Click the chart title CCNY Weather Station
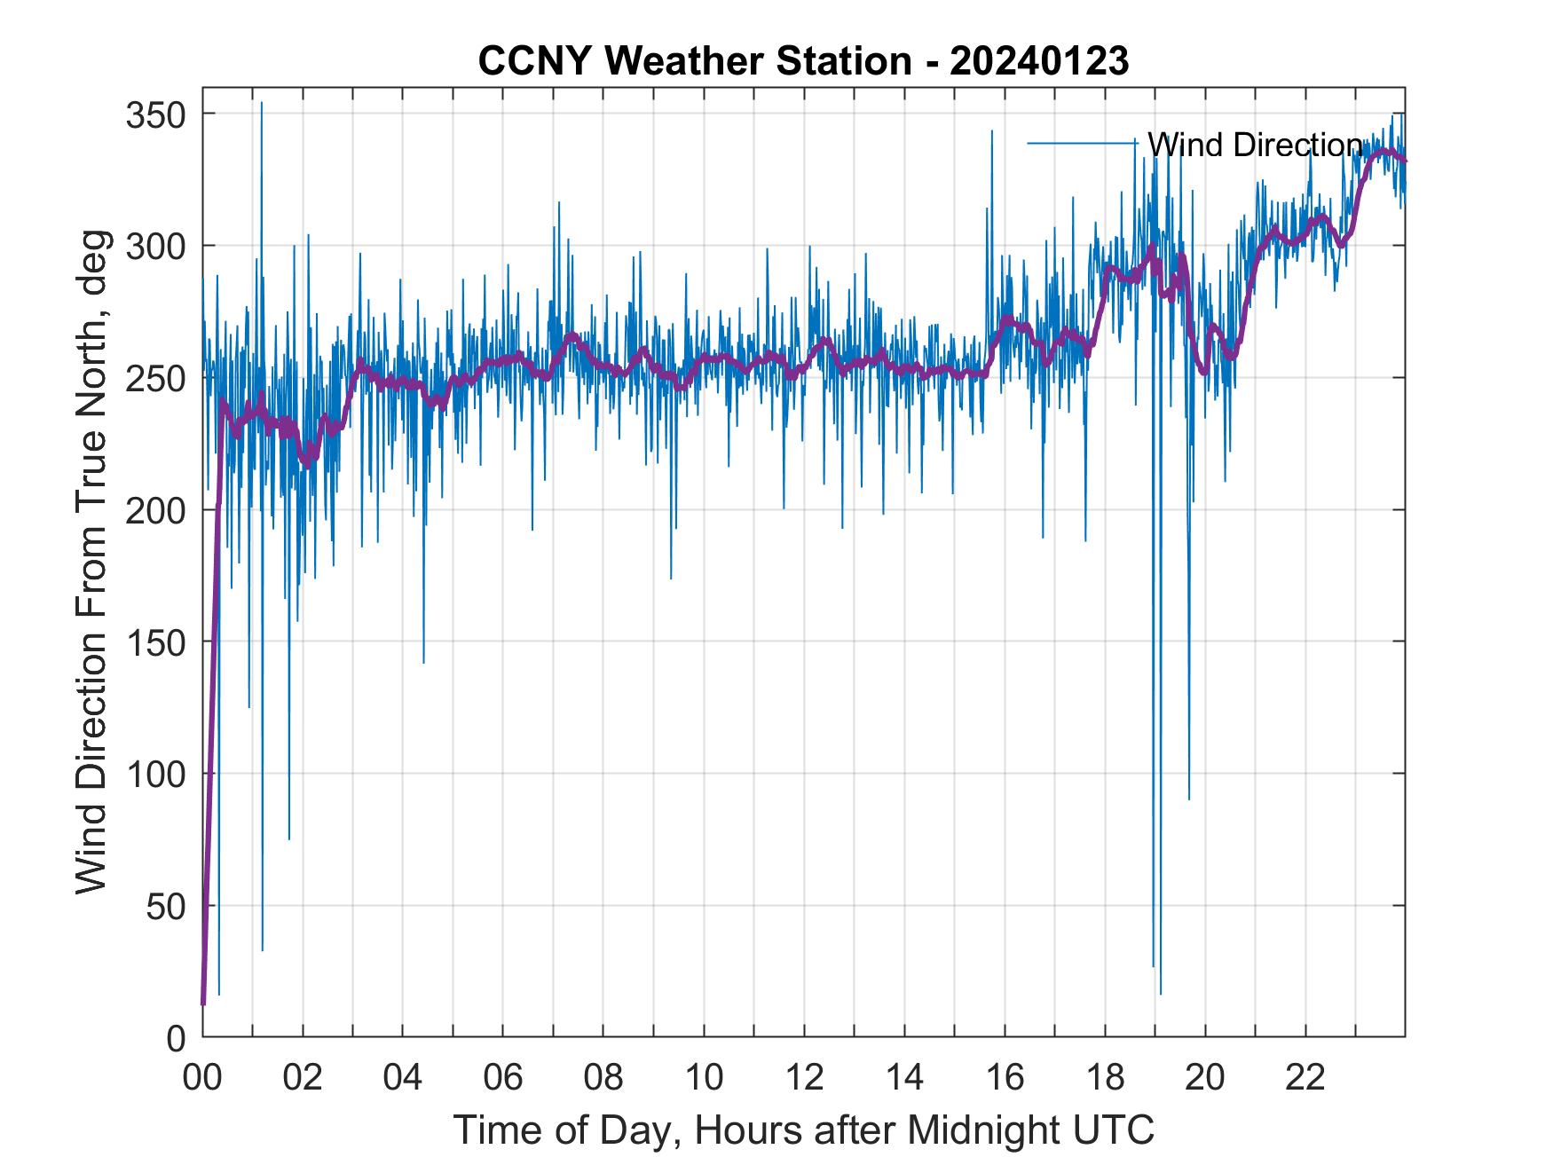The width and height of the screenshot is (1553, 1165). [694, 61]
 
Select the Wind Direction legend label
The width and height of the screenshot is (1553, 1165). [1254, 145]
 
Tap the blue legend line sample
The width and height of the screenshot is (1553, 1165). [1082, 143]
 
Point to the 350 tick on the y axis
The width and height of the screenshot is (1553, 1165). [153, 114]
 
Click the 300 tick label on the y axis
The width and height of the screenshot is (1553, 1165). [153, 246]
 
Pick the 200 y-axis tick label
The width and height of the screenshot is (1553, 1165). [153, 510]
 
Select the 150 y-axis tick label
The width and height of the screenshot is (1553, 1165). [153, 642]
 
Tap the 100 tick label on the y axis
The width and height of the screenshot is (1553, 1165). [153, 774]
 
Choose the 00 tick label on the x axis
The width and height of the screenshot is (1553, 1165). [202, 1078]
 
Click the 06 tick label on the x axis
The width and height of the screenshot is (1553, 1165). [503, 1078]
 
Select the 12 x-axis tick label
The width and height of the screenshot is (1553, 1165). [804, 1078]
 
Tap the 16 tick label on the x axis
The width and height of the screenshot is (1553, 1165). [1005, 1078]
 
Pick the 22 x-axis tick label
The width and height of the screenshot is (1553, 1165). [1305, 1078]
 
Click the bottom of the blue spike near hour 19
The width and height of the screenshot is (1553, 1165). [1160, 993]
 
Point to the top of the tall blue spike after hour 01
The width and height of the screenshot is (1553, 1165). [261, 103]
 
